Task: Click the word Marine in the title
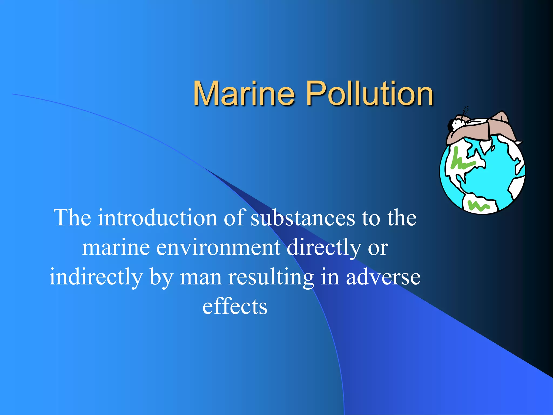244,93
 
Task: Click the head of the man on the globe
456,123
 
